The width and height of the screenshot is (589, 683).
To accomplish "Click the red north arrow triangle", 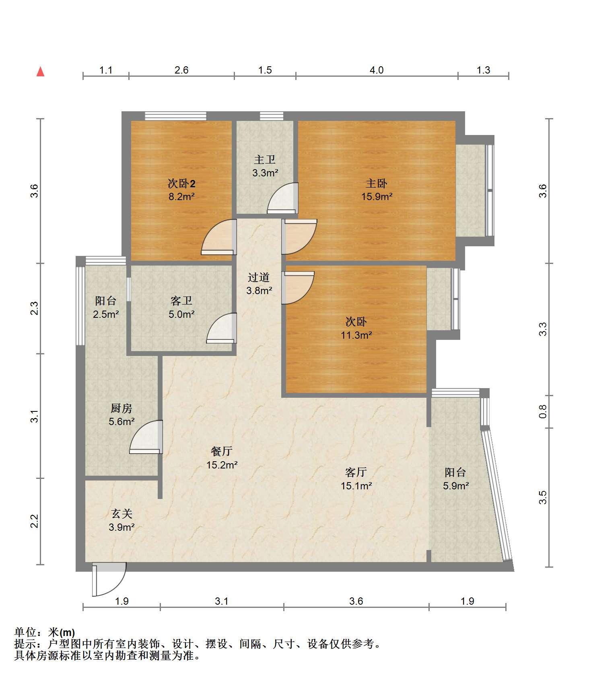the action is coord(40,72).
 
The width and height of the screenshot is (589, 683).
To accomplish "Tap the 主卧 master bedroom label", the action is coord(377,184).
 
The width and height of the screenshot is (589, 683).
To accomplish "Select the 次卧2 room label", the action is coord(181,184).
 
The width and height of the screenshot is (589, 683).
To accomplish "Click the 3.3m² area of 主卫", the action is coord(266,173).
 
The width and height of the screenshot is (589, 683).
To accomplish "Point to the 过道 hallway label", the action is coord(259,277).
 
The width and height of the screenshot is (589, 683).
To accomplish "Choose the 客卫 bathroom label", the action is coord(181,301).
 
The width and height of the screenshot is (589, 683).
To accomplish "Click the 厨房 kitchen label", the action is coord(122,409).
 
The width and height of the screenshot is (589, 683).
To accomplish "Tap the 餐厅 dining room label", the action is coord(222,451).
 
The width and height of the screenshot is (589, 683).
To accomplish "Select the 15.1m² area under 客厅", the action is coord(356,486).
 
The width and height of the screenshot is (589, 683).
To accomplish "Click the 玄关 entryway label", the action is coord(122,513).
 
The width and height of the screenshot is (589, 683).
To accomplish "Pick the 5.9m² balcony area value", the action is coord(456,486).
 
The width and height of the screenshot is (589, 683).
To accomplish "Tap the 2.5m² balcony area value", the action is coord(106,314).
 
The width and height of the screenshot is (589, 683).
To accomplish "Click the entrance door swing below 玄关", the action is coord(109,579).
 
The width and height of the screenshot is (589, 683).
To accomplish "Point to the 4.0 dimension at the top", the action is coord(377,70).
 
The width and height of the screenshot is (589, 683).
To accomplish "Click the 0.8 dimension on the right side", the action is coord(543,411).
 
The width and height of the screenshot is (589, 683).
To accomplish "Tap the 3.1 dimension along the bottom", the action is coord(222,601).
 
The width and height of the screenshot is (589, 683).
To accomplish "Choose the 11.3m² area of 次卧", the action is coord(356,335).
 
